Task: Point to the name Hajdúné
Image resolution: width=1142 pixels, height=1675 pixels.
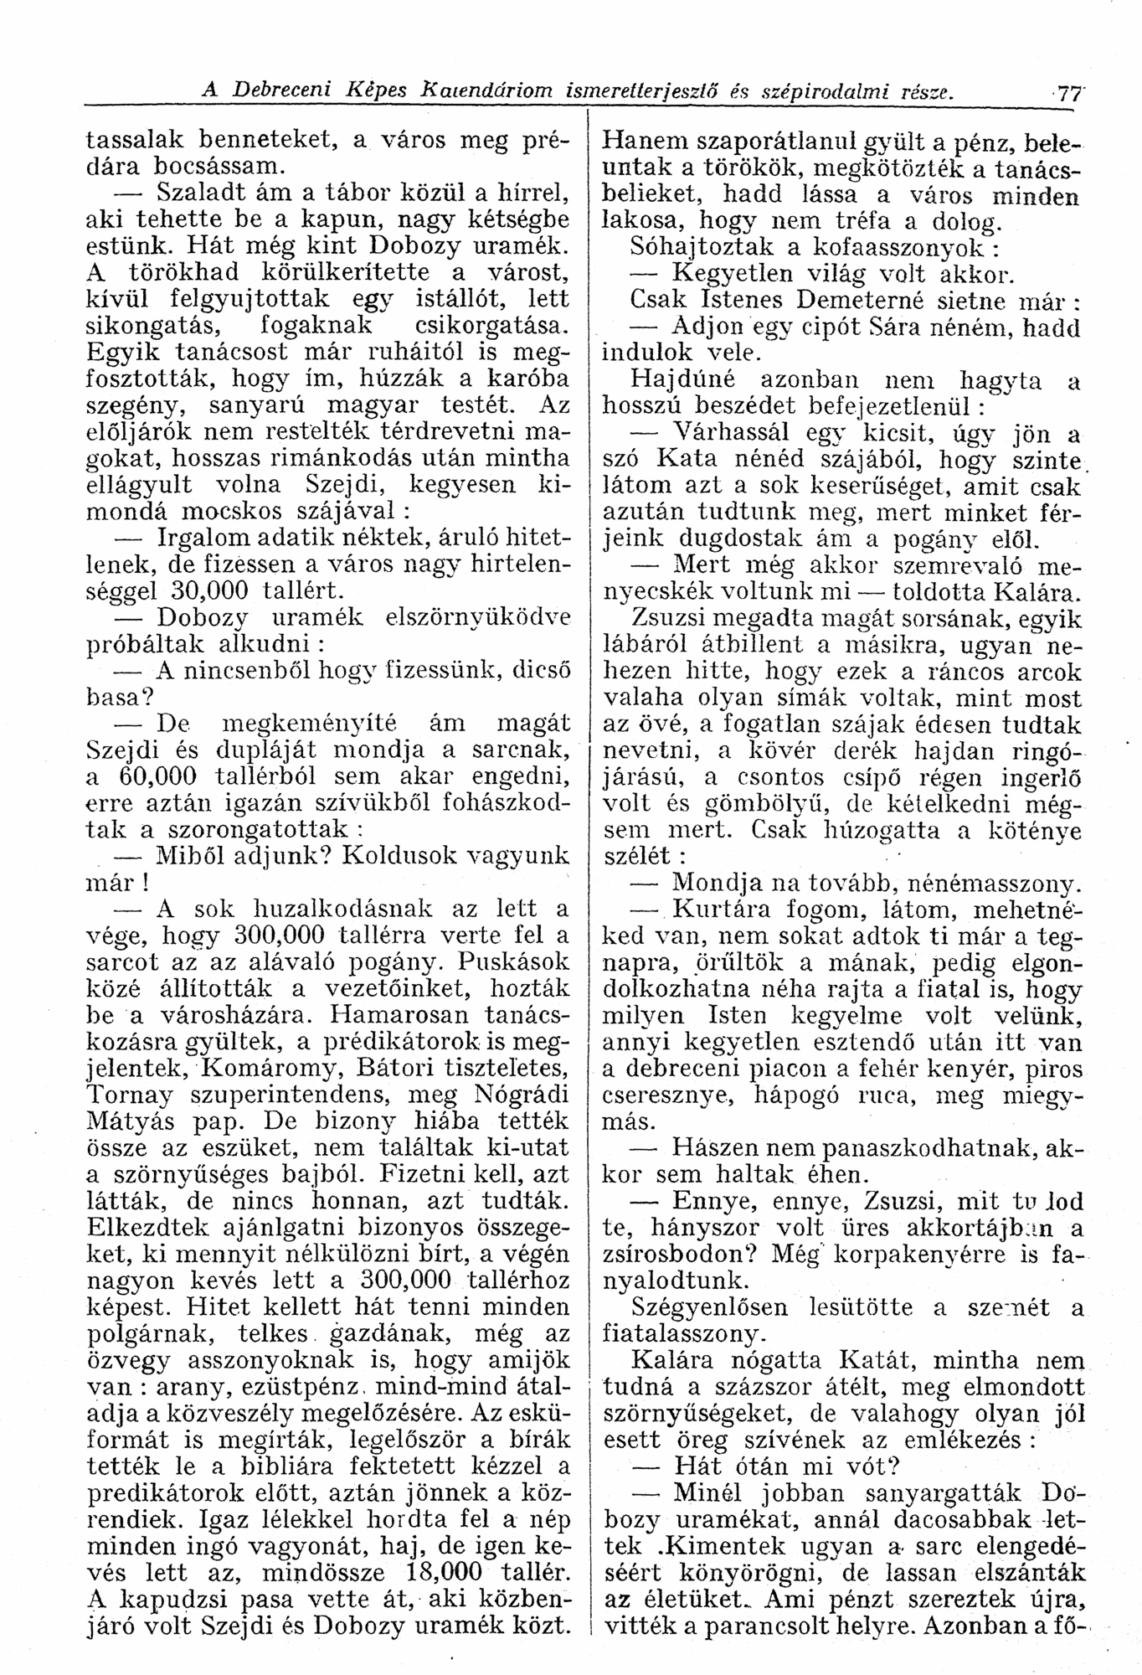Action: [674, 381]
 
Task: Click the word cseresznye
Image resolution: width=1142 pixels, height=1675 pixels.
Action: [669, 1094]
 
